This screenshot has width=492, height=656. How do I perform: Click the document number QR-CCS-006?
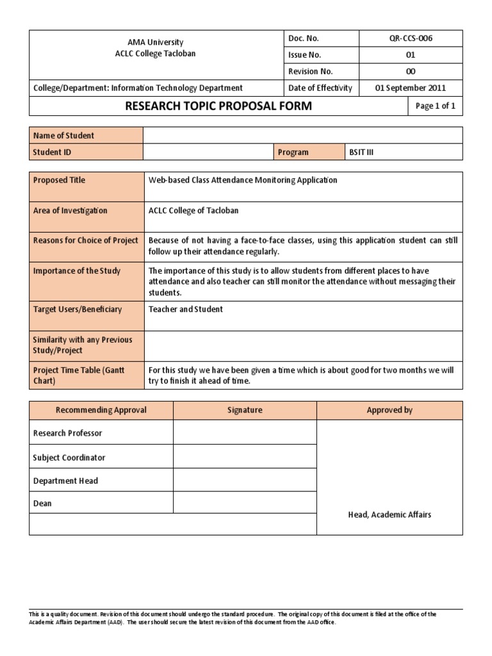click(x=411, y=38)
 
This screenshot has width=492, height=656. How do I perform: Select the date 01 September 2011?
click(x=411, y=88)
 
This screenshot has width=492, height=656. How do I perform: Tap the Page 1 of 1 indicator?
click(x=435, y=106)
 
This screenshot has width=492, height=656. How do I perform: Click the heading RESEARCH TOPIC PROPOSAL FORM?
click(x=218, y=106)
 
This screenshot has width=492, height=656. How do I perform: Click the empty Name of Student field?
click(x=302, y=135)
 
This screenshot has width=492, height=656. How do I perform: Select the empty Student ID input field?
click(x=208, y=152)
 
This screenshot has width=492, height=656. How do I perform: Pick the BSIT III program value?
click(x=361, y=152)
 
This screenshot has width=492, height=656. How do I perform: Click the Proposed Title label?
click(x=59, y=180)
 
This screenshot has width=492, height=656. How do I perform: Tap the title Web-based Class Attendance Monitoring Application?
click(x=243, y=180)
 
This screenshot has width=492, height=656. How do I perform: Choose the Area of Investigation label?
click(x=70, y=211)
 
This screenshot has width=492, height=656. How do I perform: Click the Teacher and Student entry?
click(x=186, y=309)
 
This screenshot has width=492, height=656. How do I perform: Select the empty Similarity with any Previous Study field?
click(x=302, y=345)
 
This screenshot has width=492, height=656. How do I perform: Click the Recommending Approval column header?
click(x=101, y=410)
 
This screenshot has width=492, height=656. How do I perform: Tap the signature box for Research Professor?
click(x=245, y=432)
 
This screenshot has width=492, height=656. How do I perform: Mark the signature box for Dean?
click(x=245, y=504)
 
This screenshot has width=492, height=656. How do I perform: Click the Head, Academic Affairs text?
click(x=389, y=515)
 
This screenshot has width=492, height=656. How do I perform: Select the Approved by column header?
click(x=389, y=410)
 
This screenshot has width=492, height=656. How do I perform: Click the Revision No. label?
click(x=311, y=72)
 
